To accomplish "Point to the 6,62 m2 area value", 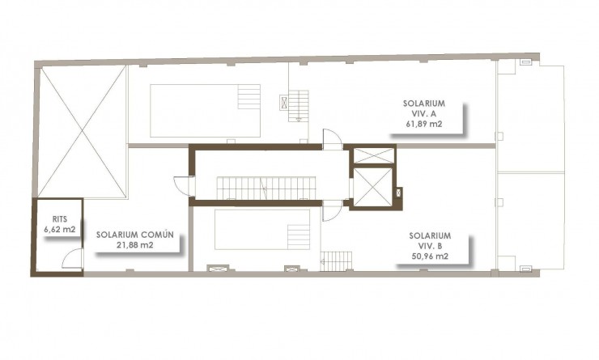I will [59, 229].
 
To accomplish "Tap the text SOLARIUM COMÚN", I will [135, 236].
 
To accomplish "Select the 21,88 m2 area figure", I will [135, 246].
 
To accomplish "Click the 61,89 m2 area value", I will [424, 125].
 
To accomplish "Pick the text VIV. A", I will [424, 114].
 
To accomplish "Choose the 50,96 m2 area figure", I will [430, 258].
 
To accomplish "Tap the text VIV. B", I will [430, 247].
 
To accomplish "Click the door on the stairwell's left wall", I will [185, 186].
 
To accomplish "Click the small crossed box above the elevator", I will [373, 155].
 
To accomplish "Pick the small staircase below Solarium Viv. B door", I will [338, 261].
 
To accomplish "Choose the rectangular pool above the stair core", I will [204, 110].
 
